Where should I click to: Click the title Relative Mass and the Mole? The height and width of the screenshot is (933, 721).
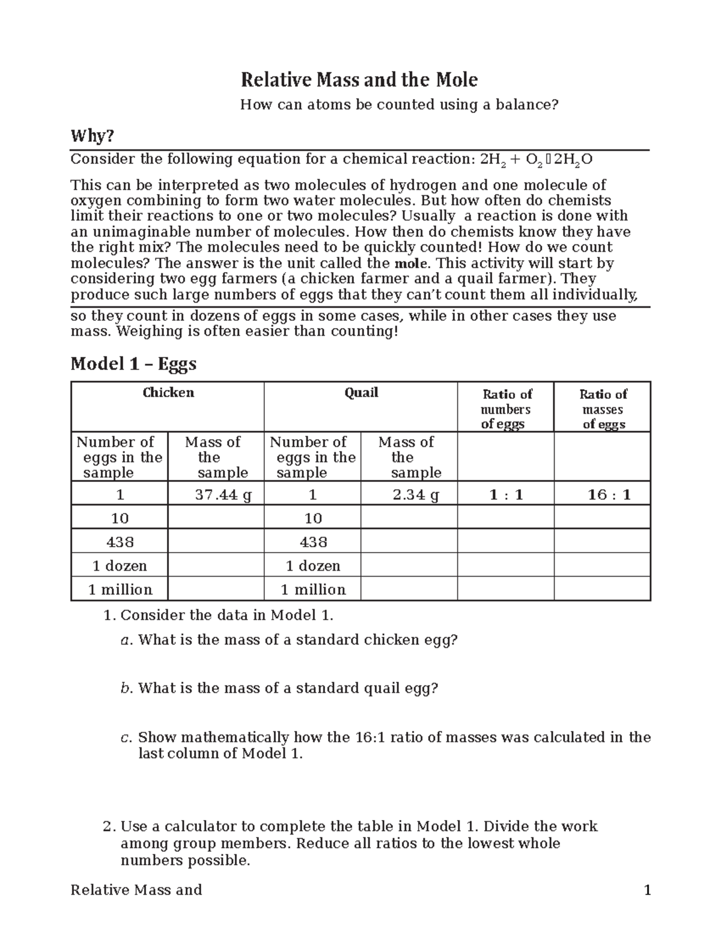(x=359, y=79)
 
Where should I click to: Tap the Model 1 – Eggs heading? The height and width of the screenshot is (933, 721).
(x=133, y=363)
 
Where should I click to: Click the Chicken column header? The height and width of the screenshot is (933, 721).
(x=168, y=393)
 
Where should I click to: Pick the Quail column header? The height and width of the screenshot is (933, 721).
(x=361, y=393)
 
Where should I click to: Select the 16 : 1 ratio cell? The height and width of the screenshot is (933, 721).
(x=609, y=495)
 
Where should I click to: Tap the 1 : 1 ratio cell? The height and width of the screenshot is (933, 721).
(x=506, y=495)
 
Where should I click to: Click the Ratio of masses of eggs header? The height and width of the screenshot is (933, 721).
(x=603, y=409)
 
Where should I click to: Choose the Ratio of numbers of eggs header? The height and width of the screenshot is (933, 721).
(x=506, y=409)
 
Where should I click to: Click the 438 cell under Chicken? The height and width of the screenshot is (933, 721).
(x=120, y=542)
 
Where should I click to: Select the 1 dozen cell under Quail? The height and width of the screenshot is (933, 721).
(x=313, y=566)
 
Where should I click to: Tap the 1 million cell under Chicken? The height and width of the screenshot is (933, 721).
(x=120, y=589)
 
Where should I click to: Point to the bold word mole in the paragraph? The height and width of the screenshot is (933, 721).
(x=411, y=264)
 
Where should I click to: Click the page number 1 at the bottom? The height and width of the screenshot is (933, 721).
(x=647, y=890)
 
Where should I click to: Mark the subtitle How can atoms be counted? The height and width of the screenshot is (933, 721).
(x=399, y=105)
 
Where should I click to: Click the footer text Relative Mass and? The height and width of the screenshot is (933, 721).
(x=136, y=890)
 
